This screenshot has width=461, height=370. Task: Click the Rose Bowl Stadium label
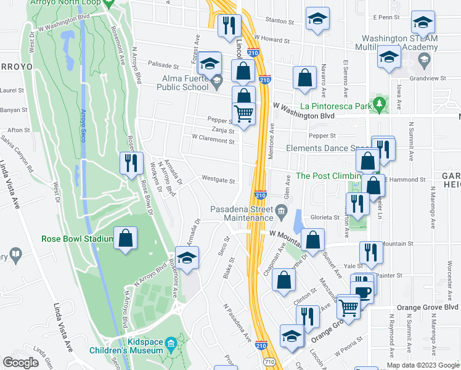(77, 239)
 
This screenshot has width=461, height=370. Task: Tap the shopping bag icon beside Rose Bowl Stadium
(126, 240)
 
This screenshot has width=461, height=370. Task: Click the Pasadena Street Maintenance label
(242, 213)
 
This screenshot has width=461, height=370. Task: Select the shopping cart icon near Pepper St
(243, 114)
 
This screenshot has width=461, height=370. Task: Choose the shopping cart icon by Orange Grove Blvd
(349, 305)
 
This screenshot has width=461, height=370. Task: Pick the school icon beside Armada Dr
(187, 258)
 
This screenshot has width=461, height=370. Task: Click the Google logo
(21, 363)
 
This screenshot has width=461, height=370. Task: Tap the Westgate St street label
(219, 181)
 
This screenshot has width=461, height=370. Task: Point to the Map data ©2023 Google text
(422, 366)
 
